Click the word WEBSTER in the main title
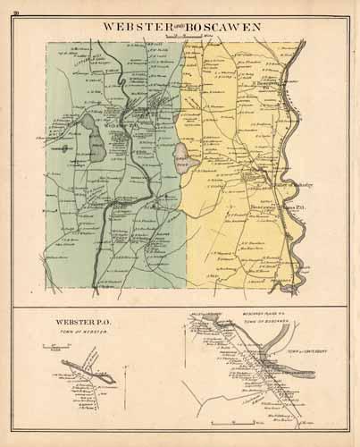click(134, 27)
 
